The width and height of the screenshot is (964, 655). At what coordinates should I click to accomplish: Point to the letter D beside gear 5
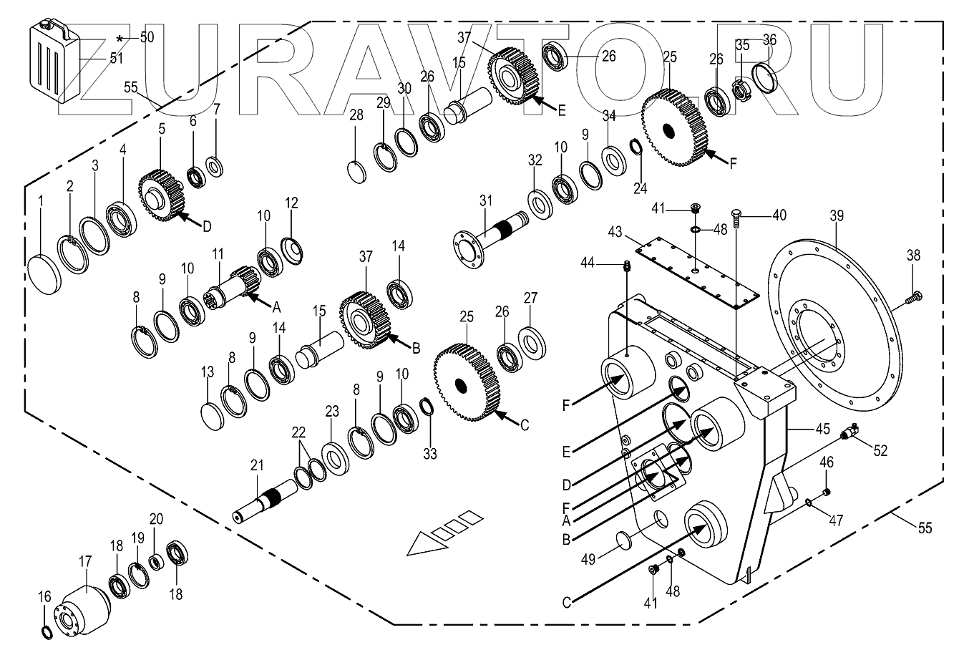tap(207, 226)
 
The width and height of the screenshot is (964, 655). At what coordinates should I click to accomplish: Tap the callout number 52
tap(880, 450)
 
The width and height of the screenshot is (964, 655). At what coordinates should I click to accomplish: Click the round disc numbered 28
tap(356, 173)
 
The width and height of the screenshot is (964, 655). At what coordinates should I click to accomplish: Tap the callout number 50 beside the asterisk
tap(147, 38)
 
